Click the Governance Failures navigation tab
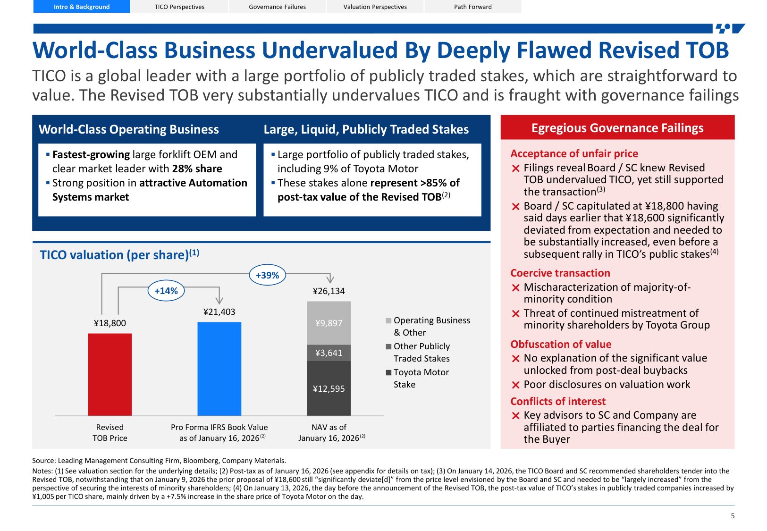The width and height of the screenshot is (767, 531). pos(277,7)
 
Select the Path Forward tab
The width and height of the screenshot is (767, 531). pos(472,7)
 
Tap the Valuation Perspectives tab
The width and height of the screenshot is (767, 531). pos(375,7)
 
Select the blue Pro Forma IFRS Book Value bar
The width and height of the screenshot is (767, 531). pos(219,369)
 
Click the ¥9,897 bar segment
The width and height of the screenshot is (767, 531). pos(329,323)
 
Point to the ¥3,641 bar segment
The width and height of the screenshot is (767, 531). pos(329,353)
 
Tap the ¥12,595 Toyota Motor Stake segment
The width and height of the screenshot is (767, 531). pos(329,388)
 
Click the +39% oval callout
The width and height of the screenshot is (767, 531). pos(267,275)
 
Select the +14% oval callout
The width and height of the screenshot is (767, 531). pos(166,291)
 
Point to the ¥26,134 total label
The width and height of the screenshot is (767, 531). pos(329,291)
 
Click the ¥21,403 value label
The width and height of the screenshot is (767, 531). pos(219,312)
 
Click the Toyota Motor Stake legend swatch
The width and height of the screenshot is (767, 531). pos(388,372)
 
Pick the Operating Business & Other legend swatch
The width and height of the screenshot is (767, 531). pos(388,320)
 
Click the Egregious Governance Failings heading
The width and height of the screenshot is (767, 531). pos(617,128)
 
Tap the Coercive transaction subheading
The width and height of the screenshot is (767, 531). pos(560,273)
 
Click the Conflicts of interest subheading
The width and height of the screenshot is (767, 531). pos(557,401)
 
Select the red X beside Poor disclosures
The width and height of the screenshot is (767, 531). pos(515,385)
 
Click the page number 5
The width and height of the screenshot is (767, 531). pos(733,516)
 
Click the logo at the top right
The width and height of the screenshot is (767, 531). pos(730,28)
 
